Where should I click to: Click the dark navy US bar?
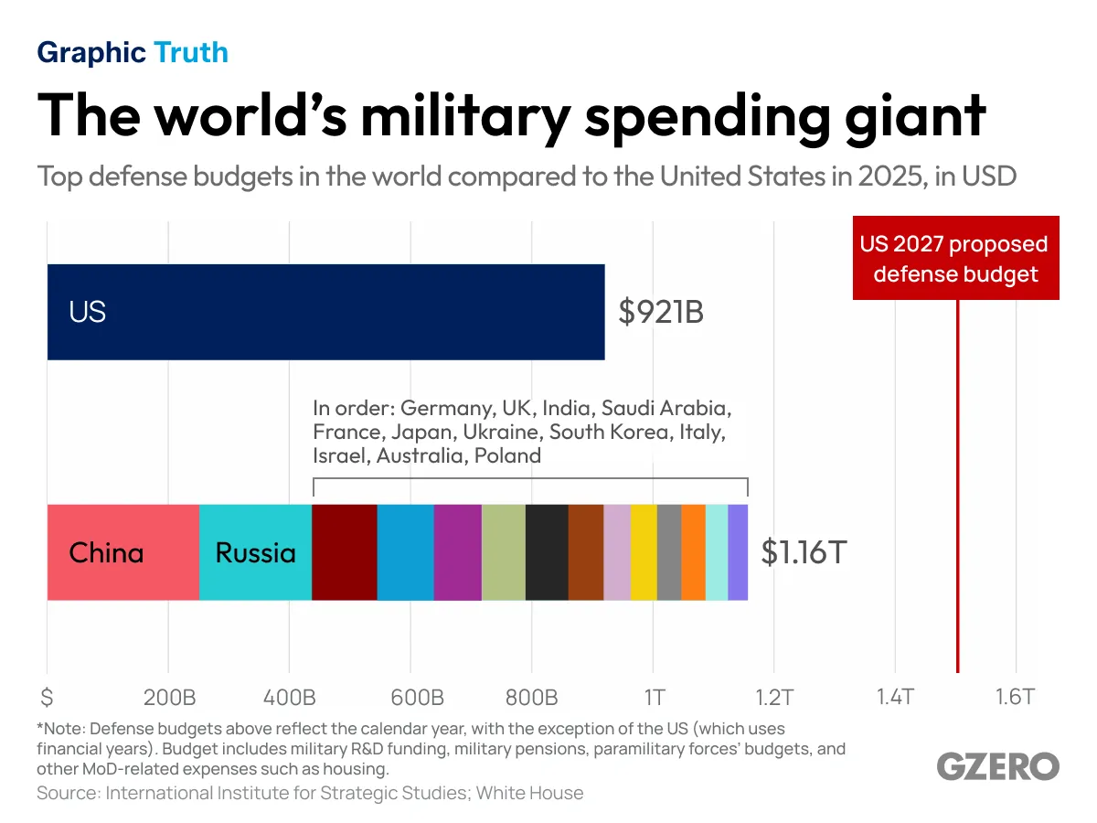coord(325,312)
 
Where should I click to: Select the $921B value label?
coord(661,313)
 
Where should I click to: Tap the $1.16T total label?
coord(803,553)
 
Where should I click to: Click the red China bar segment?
coord(122,552)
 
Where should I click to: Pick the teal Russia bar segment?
coord(255,552)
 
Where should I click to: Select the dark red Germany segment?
coord(345,552)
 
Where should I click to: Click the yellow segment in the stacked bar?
coord(644,552)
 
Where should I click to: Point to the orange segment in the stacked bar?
coord(693,552)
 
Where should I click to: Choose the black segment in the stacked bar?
coord(547,552)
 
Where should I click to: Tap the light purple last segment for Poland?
coord(738,552)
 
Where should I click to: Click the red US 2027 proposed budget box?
coord(955,259)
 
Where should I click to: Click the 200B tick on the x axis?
coord(169,698)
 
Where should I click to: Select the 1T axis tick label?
coord(654,698)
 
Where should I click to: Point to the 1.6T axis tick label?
coord(1014,698)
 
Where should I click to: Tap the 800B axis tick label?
coord(531,698)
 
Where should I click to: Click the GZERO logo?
coord(997,766)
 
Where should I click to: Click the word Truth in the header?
coord(191,52)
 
